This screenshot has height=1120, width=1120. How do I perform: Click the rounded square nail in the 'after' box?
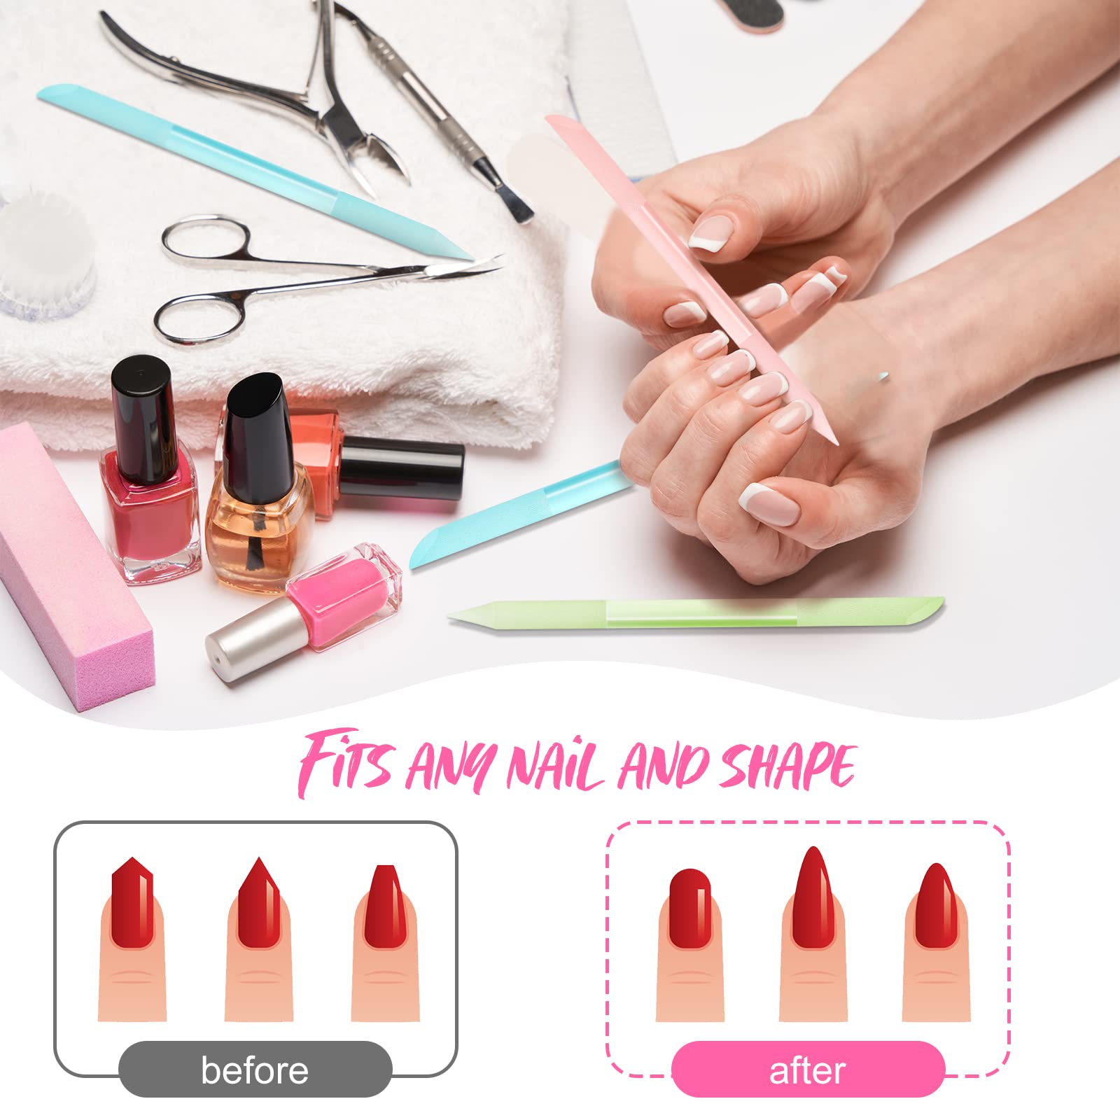[x=690, y=909]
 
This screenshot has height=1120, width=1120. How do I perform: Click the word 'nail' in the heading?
[x=553, y=766]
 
